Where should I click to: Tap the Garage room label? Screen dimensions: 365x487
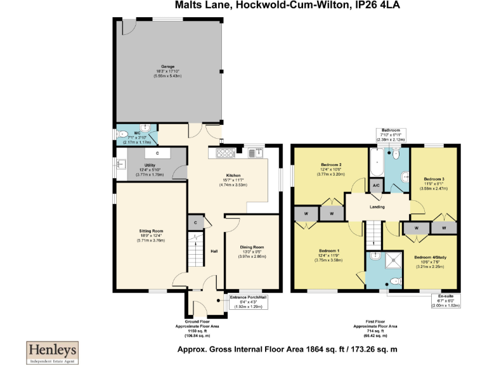pyautogui.click(x=167, y=67)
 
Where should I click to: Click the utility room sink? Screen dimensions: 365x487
pyautogui.click(x=120, y=165)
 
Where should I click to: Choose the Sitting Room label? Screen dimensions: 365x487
pyautogui.click(x=152, y=231)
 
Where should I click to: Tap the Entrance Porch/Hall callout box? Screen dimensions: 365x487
pyautogui.click(x=249, y=300)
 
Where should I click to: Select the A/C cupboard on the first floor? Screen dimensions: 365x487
pyautogui.click(x=376, y=186)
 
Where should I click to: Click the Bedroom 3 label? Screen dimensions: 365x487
pyautogui.click(x=434, y=179)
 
